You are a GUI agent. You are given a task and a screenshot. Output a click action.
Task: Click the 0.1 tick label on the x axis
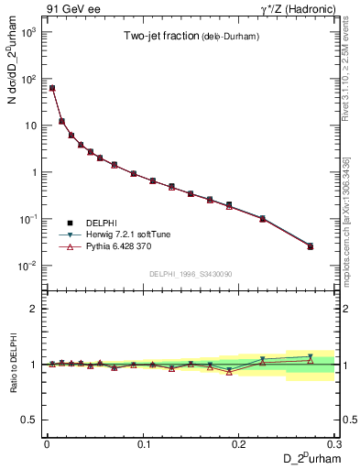click(143, 443)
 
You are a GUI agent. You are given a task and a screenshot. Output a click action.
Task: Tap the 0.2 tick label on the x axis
click(239, 443)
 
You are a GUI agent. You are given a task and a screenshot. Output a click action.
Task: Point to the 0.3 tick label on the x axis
click(333, 443)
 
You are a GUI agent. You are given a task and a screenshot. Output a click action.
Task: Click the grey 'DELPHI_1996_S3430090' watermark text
click(191, 274)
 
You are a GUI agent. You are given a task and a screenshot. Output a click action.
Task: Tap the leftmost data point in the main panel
click(52, 88)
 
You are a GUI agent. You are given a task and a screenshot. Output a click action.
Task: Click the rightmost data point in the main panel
click(311, 246)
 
